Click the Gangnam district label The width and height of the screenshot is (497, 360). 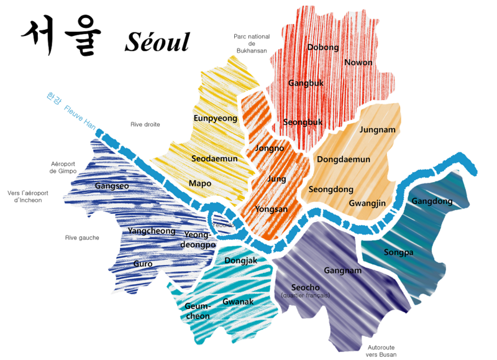[x=342, y=270]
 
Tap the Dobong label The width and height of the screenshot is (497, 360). [x=323, y=47]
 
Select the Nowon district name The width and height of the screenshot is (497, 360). [x=358, y=63]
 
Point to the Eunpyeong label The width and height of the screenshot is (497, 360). [x=216, y=118]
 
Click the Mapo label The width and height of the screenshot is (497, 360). [x=200, y=183]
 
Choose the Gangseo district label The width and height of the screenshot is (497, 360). [x=112, y=186]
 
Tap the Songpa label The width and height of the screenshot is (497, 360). [x=398, y=252]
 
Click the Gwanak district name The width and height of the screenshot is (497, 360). [x=238, y=302]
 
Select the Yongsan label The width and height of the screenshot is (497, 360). [x=271, y=209]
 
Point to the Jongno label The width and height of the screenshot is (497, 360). [x=270, y=149]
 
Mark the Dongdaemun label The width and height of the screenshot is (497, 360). [x=344, y=160]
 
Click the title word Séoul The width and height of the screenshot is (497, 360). [x=157, y=42]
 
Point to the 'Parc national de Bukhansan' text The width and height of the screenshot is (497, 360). [x=252, y=44]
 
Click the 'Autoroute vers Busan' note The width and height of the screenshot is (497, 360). [x=381, y=351]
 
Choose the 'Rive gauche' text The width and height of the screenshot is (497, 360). [x=82, y=238]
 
